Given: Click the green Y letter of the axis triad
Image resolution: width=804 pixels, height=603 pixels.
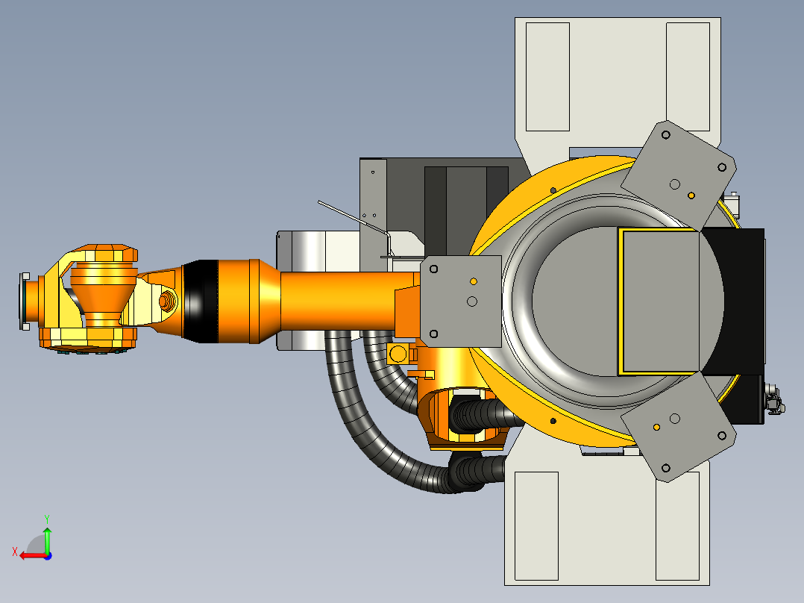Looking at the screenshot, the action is click(47, 519).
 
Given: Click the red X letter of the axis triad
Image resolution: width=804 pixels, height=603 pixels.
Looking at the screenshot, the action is click(15, 552).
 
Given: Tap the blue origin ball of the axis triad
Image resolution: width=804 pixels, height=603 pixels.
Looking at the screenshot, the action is click(48, 556).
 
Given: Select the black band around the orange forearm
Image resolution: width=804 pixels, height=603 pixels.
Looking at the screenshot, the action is click(200, 301).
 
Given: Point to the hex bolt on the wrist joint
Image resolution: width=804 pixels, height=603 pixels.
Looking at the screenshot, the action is click(167, 300).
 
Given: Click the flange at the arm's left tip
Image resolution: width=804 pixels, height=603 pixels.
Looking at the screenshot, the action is click(24, 301).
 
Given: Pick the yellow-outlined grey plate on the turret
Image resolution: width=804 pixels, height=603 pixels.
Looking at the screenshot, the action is click(659, 301).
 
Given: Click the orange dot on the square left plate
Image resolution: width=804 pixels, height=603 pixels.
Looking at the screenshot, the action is click(474, 281).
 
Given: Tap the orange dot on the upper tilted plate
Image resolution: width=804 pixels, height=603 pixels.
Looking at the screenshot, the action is click(691, 196).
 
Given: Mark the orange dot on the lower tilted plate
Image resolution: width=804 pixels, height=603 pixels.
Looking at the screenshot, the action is click(656, 427).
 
